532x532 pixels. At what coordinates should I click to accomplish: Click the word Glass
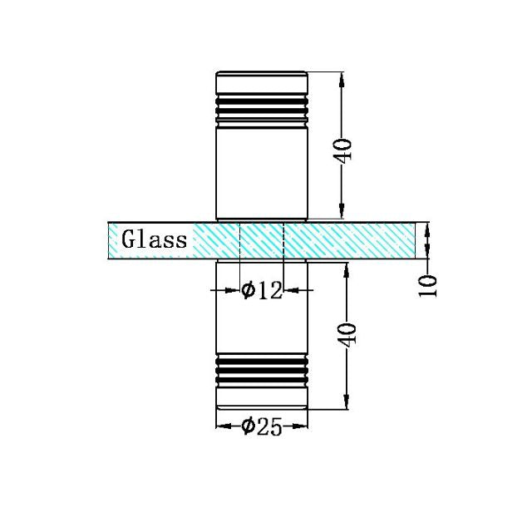click(155, 240)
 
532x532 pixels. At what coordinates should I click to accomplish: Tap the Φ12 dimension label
click(261, 290)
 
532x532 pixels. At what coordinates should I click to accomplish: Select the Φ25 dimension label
click(261, 426)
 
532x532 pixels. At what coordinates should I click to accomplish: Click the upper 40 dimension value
click(344, 150)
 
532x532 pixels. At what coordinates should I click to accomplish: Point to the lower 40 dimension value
click(349, 334)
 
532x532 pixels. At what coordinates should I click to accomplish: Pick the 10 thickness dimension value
click(428, 284)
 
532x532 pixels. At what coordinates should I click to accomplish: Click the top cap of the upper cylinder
click(262, 81)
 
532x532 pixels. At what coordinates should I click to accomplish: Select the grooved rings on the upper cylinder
click(262, 106)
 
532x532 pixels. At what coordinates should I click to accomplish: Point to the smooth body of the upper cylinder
click(262, 170)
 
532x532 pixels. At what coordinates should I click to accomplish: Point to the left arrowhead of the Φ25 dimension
click(221, 426)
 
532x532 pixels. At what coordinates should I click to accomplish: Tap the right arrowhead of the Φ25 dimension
click(303, 426)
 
